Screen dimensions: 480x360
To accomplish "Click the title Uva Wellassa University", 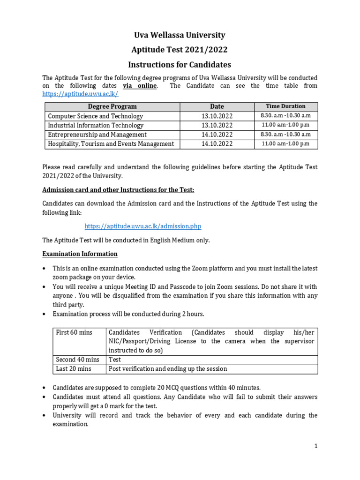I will click(180, 35).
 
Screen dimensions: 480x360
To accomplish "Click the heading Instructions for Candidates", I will click(180, 65).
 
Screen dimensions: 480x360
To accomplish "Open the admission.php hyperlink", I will click(142, 226).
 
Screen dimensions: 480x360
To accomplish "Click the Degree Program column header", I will click(112, 106).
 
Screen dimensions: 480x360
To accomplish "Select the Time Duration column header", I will click(285, 106).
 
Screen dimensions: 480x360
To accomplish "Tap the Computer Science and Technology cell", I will click(96, 116).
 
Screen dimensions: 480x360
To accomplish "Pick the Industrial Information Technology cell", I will click(96, 125).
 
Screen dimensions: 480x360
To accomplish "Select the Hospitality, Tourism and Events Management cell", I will click(111, 144).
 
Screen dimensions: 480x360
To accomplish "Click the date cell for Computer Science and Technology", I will click(217, 116).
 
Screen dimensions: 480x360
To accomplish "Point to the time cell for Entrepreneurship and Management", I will click(285, 135).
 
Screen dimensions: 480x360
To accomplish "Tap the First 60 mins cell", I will click(74, 332).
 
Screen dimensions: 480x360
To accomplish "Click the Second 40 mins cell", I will click(78, 360).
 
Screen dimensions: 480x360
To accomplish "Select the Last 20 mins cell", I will click(74, 369).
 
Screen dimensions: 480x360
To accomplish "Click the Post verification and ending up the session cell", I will click(168, 369).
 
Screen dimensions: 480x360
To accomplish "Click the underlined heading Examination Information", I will click(80, 254).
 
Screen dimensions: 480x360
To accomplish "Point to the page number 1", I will click(316, 446).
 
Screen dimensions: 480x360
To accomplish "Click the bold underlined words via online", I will click(140, 86).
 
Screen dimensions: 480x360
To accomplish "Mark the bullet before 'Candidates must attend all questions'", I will click(45, 397).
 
